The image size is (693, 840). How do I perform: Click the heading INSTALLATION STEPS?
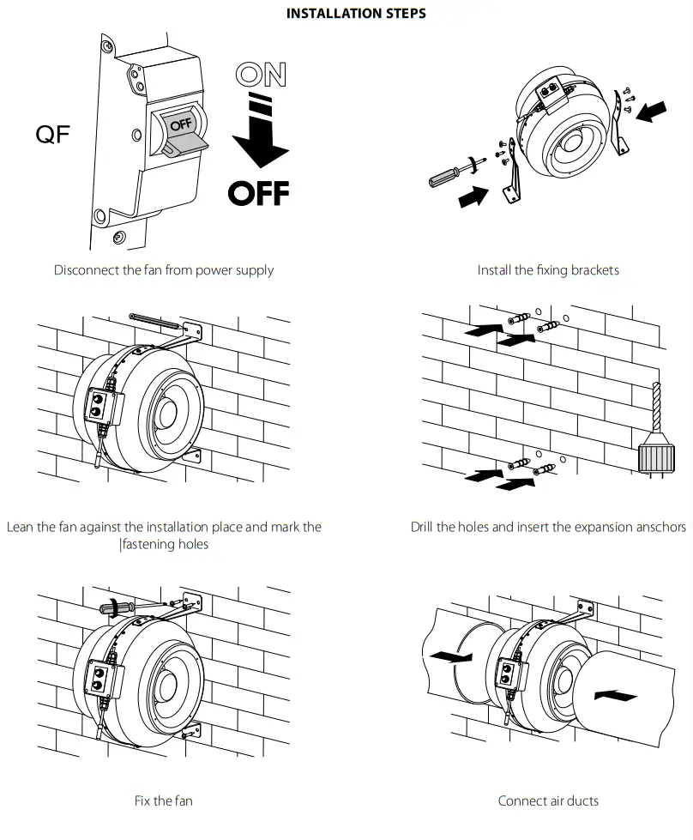pyautogui.click(x=355, y=13)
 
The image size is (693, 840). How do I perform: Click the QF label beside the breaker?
pyautogui.click(x=52, y=135)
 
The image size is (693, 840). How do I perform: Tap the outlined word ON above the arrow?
pyautogui.click(x=261, y=76)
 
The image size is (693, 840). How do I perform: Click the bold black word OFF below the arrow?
pyautogui.click(x=257, y=192)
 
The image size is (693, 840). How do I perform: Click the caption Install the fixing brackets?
pyautogui.click(x=548, y=270)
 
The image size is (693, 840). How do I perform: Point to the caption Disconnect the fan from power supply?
pyautogui.click(x=164, y=270)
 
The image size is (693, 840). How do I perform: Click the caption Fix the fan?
pyautogui.click(x=164, y=801)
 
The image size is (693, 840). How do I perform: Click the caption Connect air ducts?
pyautogui.click(x=548, y=801)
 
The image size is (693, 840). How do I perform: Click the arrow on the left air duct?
pyautogui.click(x=450, y=657)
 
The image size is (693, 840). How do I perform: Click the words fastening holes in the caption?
pyautogui.click(x=165, y=544)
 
